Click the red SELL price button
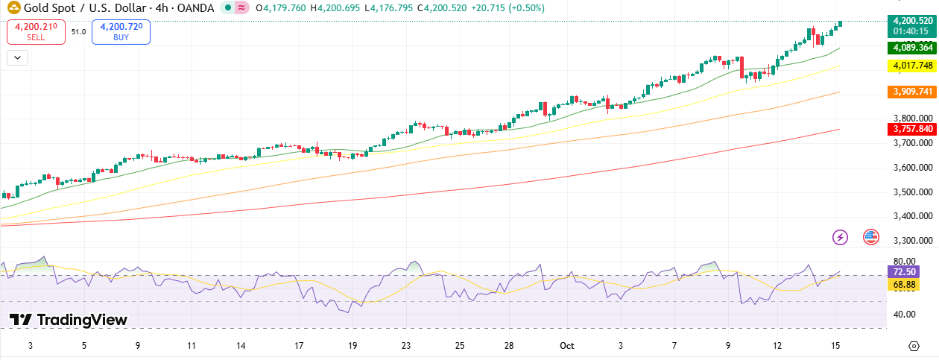tap(35, 32)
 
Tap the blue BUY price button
tap(121, 32)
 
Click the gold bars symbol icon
tap(11, 8)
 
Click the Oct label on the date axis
tap(566, 346)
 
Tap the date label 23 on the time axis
tap(406, 346)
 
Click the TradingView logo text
tap(81, 320)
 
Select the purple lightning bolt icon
tap(841, 238)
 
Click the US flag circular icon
tap(870, 238)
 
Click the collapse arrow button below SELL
tap(17, 57)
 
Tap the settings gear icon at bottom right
tap(914, 346)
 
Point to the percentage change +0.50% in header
tap(527, 8)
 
